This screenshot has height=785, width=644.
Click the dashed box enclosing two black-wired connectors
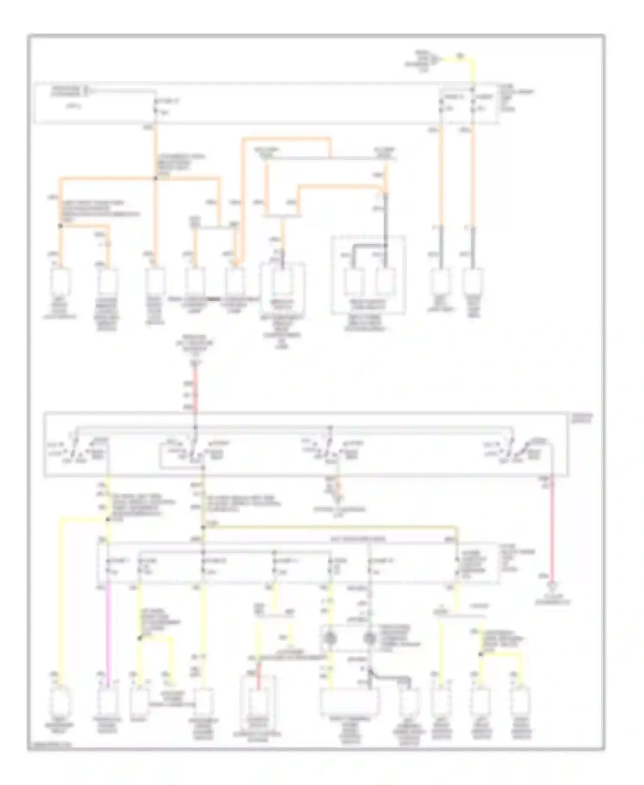368,275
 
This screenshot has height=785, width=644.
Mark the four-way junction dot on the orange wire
155,177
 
